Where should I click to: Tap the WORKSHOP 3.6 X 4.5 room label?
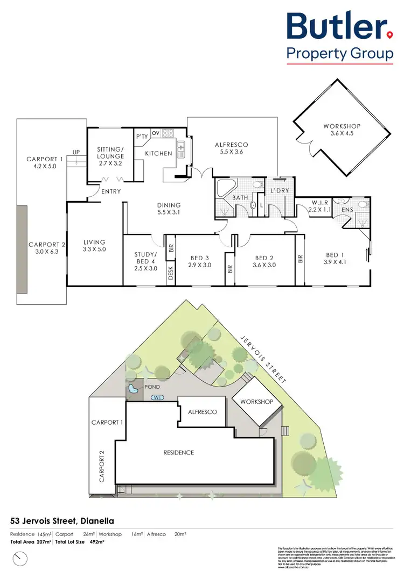(342, 130)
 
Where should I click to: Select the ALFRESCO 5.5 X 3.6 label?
(231, 148)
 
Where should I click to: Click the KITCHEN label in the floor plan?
(158, 153)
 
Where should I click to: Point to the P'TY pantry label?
(142, 137)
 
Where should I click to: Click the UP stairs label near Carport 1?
(76, 152)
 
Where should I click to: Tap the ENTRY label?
(111, 191)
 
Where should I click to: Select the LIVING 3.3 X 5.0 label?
(94, 246)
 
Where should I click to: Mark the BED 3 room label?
(199, 261)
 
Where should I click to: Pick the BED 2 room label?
(265, 261)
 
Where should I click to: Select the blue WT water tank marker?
(158, 398)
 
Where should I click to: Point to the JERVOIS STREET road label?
(263, 357)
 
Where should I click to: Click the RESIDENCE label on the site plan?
(178, 452)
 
